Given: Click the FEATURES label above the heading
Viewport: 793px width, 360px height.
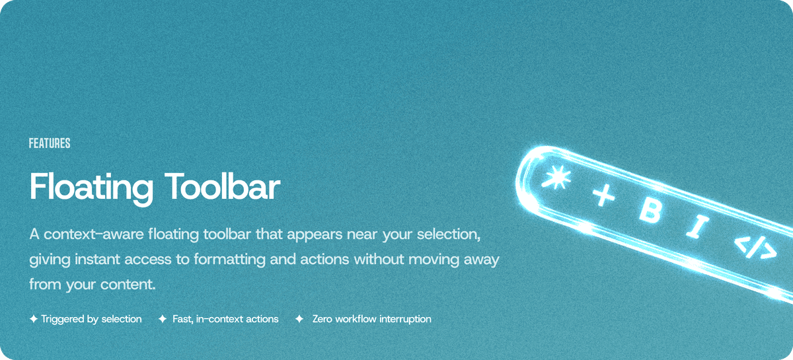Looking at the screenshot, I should coord(50,143).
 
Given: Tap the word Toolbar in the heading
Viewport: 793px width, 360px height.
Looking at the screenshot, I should coord(217,187).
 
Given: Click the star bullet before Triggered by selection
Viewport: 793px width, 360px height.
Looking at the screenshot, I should coord(34,319).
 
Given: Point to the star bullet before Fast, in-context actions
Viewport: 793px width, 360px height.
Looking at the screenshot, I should coord(163,319).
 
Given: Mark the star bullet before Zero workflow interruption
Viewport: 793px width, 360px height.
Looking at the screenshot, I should coord(299,319).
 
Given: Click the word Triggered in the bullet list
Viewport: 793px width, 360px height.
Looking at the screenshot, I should coord(63,319).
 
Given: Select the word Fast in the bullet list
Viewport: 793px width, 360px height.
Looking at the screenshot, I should coord(182,319).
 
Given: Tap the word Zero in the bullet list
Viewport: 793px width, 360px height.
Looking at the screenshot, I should coord(322,319).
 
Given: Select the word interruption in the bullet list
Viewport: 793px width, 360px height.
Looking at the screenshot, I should coord(402,319).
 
